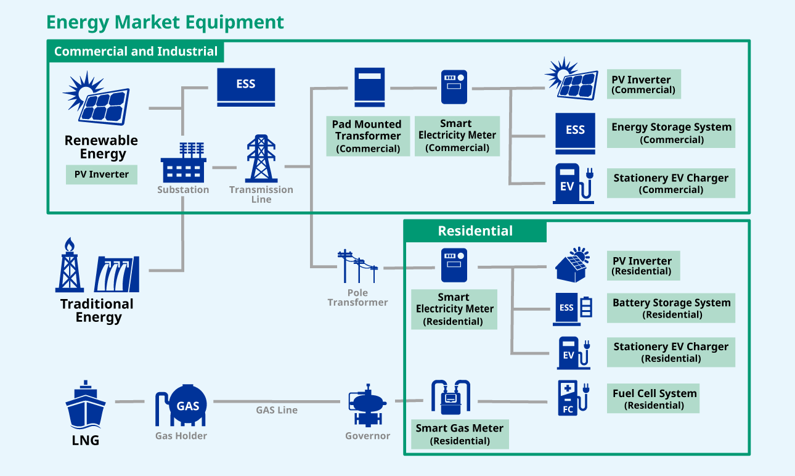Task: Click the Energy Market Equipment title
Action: click(x=165, y=22)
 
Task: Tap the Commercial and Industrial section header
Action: click(x=136, y=51)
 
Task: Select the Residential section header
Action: click(x=475, y=231)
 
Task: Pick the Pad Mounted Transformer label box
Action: click(x=368, y=136)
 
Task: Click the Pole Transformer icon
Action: click(x=357, y=266)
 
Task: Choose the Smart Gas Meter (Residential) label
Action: click(x=460, y=434)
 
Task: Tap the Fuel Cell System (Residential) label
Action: click(x=654, y=399)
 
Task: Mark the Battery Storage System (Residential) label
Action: click(x=671, y=308)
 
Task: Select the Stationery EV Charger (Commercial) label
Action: click(x=671, y=183)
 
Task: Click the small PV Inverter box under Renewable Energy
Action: click(x=102, y=174)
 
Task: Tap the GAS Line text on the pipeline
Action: click(x=277, y=410)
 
